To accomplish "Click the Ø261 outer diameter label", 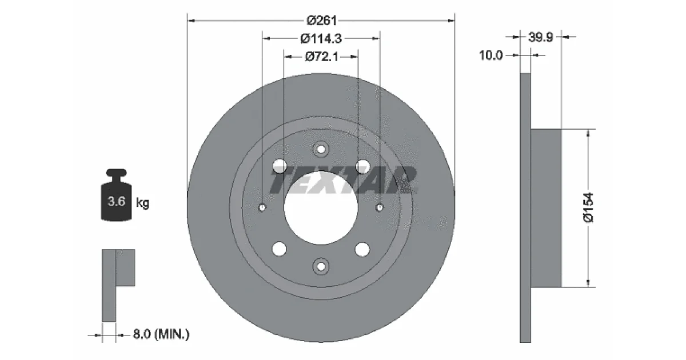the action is [321, 21].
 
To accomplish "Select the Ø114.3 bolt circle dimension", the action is [321, 39].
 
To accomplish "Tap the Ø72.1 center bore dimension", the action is [321, 57].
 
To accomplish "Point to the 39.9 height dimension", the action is [541, 37].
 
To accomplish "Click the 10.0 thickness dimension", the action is [491, 55].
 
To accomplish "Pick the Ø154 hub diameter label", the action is [588, 207].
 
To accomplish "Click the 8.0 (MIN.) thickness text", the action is [161, 334].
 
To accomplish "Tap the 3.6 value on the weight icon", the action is [117, 201].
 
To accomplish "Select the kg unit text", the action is [143, 203].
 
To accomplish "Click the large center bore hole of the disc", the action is [321, 207].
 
